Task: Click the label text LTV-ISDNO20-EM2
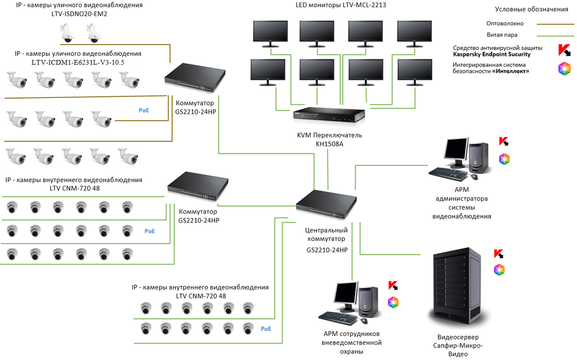(79, 13)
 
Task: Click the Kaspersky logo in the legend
(564, 50)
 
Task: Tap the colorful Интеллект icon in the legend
(564, 68)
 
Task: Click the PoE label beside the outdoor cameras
(144, 111)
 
